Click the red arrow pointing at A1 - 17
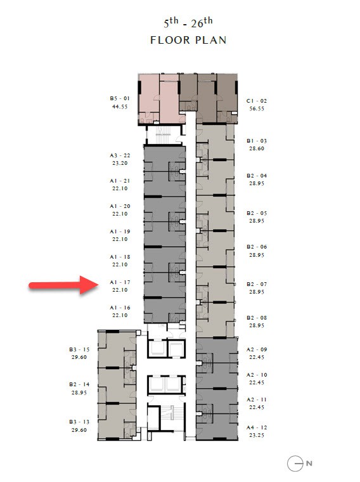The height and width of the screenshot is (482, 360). [x=63, y=285]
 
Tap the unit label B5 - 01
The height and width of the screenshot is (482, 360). [x=120, y=98]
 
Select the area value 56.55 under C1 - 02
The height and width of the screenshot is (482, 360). [x=257, y=108]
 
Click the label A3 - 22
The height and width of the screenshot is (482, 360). [x=120, y=155]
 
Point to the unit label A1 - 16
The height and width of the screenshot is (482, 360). [x=120, y=308]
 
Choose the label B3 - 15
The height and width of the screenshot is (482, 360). [x=79, y=349]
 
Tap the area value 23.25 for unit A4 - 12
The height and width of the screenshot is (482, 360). [x=257, y=435]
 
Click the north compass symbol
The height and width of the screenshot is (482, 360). [x=300, y=464]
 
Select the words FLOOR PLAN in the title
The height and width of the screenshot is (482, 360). [x=188, y=40]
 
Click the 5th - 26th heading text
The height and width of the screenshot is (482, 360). [x=188, y=23]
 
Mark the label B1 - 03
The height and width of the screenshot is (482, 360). [x=257, y=141]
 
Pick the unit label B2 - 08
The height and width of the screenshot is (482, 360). [x=257, y=318]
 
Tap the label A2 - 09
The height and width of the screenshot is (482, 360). [x=257, y=349]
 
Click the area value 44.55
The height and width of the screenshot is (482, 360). [x=120, y=107]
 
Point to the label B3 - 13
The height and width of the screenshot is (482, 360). [x=79, y=422]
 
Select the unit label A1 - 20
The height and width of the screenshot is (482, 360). [x=120, y=206]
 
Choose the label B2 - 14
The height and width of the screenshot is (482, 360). [x=79, y=384]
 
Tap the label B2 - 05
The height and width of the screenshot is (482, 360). [x=257, y=213]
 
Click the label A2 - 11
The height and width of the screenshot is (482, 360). [x=257, y=400]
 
